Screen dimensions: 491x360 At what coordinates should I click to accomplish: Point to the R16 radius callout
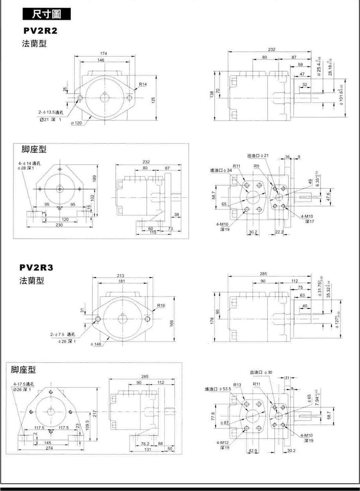tap(162, 305)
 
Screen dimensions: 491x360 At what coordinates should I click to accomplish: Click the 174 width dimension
tap(104, 53)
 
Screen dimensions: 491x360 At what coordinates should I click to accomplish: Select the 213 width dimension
tap(121, 275)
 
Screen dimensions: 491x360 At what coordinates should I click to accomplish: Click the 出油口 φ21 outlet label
tap(259, 156)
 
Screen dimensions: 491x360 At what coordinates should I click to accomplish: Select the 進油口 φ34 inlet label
tap(221, 170)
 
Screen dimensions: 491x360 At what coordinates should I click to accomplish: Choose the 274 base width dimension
tap(49, 448)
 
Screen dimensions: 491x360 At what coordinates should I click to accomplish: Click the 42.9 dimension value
tap(253, 451)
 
